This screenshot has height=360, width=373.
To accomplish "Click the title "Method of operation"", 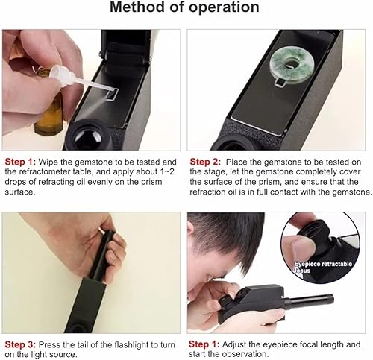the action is [x=184, y=7].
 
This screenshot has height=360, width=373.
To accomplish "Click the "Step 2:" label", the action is [x=205, y=162].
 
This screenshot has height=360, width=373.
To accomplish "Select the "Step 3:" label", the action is [x=20, y=345].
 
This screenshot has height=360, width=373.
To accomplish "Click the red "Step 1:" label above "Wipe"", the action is [x=20, y=162].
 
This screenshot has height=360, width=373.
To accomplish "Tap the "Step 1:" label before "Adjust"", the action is [x=204, y=344].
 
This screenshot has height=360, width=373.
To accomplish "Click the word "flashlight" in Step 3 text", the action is [x=132, y=345].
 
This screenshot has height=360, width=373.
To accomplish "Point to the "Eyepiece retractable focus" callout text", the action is [x=323, y=267].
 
